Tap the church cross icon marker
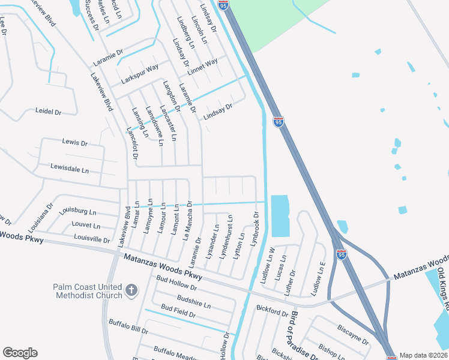tap(132, 291)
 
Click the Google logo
tap(20, 353)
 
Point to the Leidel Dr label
tap(49, 112)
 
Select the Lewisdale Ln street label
tap(69, 169)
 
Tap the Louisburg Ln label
tap(77, 212)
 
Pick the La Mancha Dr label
tap(186, 220)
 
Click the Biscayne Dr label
tap(352, 335)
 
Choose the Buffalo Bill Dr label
tap(128, 327)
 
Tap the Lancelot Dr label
tap(132, 143)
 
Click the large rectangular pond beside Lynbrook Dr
tap(280, 215)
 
